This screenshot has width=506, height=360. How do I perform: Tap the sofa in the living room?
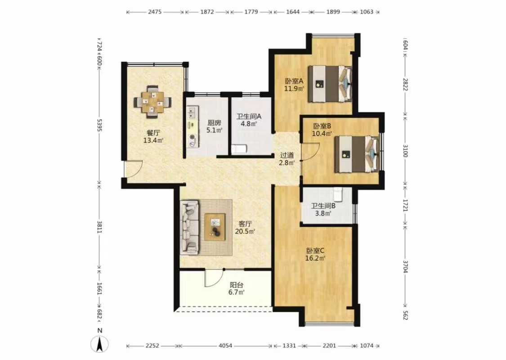click(189, 227)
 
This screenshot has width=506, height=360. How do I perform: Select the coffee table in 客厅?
click(215, 227)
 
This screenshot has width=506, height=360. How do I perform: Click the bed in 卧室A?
click(330, 84)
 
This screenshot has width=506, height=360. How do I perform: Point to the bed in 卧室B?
click(357, 154)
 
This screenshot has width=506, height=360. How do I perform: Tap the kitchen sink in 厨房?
click(193, 112)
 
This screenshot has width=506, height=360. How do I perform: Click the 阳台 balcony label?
click(237, 285)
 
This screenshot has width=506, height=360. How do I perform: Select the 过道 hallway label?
click(287, 155)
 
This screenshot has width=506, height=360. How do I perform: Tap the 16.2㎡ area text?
click(315, 258)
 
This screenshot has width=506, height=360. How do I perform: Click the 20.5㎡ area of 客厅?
click(245, 231)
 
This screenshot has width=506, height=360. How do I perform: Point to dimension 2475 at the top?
click(155, 12)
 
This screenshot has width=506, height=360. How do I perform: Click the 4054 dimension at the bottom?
click(225, 346)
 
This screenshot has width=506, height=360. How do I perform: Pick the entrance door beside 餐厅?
click(133, 169)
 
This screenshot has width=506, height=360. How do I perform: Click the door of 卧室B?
click(310, 152)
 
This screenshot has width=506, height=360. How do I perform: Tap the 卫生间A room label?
click(248, 117)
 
